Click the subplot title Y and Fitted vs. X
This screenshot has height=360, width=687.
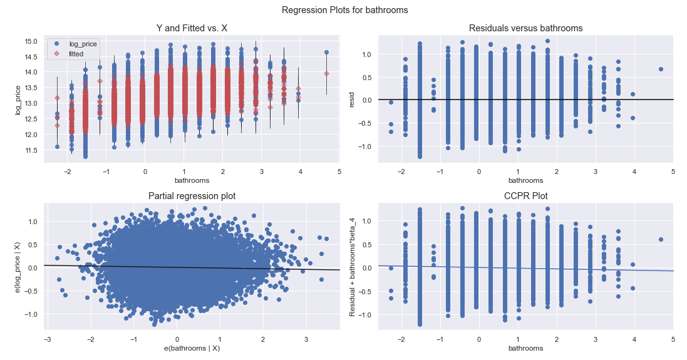tap(192, 28)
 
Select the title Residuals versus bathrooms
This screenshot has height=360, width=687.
tap(525, 28)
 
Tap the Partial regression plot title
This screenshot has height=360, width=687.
tap(192, 197)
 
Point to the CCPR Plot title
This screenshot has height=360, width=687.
tap(525, 197)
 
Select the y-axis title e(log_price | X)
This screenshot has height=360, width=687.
tap(18, 267)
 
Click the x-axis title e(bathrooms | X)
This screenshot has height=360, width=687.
tap(192, 348)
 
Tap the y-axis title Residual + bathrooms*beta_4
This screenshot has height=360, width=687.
tap(353, 267)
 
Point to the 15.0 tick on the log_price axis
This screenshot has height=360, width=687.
tap(31, 41)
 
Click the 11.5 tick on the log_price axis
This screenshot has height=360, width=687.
tap(31, 150)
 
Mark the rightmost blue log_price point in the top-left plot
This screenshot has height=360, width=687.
tap(326, 53)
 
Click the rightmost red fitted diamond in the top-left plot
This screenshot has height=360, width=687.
tap(326, 73)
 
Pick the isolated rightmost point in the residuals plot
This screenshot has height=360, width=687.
tap(661, 69)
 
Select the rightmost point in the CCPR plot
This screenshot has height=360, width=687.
tap(661, 239)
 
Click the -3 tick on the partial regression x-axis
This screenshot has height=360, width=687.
tap(47, 339)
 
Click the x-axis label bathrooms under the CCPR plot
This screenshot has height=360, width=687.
tap(525, 348)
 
